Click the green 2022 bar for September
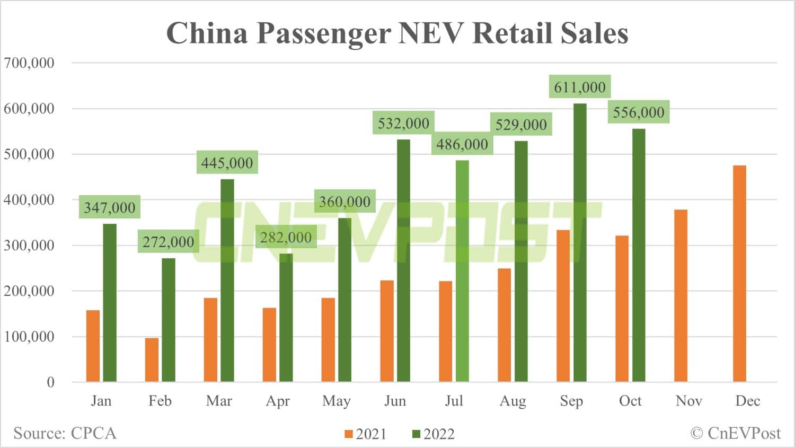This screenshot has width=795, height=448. click(x=580, y=242)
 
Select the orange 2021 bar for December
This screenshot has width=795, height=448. click(x=739, y=274)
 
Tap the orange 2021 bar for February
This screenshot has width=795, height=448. click(x=152, y=359)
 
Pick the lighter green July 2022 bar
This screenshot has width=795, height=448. click(x=462, y=271)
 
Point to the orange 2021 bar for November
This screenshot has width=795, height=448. click(x=681, y=295)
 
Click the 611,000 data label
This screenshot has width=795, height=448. click(x=579, y=87)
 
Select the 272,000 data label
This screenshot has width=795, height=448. click(x=168, y=242)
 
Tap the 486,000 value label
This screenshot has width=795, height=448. click(x=462, y=144)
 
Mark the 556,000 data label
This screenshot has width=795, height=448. click(x=638, y=112)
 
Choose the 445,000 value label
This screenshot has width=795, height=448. click(x=227, y=163)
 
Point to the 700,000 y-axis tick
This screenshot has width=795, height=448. click(x=29, y=63)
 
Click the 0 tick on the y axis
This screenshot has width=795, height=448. click(x=50, y=382)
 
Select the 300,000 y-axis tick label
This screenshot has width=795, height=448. click(x=29, y=245)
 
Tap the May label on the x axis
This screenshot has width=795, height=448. click(x=336, y=401)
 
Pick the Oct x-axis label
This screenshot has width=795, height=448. click(x=630, y=401)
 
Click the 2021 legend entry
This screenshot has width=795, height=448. click(x=366, y=434)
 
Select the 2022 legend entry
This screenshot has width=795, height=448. click(x=434, y=434)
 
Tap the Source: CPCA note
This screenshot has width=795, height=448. click(x=65, y=433)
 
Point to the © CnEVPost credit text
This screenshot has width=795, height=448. click(x=735, y=433)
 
